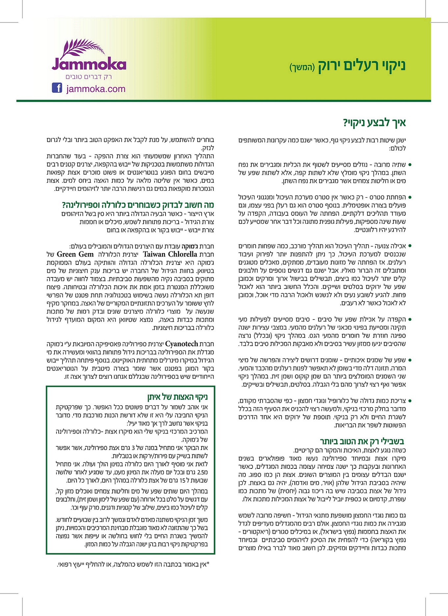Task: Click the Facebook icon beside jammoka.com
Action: [x=57, y=88]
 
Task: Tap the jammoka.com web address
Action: [x=96, y=89]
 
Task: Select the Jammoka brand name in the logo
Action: [x=89, y=65]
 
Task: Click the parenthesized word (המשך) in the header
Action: [x=302, y=68]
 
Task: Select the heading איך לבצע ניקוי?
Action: [x=374, y=123]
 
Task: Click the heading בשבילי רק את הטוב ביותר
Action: [x=362, y=441]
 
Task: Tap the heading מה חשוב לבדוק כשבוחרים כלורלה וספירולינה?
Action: [x=138, y=205]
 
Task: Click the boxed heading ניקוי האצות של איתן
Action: [x=177, y=397]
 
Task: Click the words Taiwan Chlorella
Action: [x=170, y=254]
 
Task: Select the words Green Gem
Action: [x=75, y=254]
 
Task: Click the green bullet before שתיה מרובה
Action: [x=410, y=164]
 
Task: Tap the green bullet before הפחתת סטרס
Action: [x=410, y=197]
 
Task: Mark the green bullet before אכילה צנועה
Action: [x=410, y=246]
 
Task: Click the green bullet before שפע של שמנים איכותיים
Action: [x=410, y=360]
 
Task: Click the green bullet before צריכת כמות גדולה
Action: [x=410, y=401]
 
